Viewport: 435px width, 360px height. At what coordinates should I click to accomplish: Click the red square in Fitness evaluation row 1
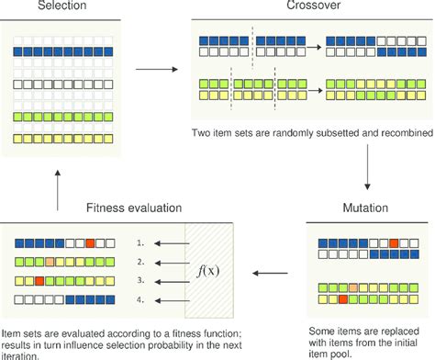(90, 244)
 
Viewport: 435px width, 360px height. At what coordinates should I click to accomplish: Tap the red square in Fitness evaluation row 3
(40, 280)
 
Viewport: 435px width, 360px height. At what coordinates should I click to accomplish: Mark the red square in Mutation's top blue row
(393, 244)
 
